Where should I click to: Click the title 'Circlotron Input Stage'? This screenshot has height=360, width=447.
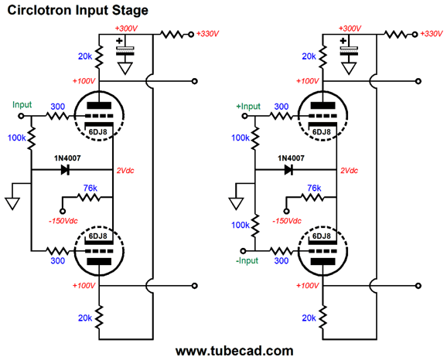(x=77, y=11)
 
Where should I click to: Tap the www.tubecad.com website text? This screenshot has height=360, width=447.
(x=234, y=351)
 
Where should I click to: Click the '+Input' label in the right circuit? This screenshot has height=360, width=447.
(x=248, y=107)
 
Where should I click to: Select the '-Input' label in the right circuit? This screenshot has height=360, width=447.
(x=247, y=260)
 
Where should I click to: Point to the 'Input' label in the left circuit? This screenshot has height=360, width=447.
(x=22, y=105)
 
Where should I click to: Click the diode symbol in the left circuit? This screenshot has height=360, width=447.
(x=65, y=170)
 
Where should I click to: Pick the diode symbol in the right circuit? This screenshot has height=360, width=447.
(x=288, y=170)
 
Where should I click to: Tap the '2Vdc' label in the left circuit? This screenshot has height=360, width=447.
(x=125, y=171)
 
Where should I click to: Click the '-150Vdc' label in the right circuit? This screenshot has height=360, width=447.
(x=287, y=221)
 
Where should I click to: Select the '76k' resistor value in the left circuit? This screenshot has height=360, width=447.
(x=90, y=188)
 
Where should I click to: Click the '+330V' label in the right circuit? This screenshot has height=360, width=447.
(x=432, y=34)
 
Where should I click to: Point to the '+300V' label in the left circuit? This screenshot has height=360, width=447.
(x=126, y=29)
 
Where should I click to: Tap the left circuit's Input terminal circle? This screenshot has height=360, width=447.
(x=21, y=116)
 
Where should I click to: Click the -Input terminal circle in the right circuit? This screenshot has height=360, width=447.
(x=243, y=251)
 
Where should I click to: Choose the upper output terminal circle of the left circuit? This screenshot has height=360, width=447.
(x=195, y=81)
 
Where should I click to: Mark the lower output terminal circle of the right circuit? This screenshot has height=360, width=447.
(x=418, y=286)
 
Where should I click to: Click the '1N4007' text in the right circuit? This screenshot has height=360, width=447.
(x=291, y=158)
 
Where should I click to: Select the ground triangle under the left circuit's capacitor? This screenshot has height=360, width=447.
(x=125, y=68)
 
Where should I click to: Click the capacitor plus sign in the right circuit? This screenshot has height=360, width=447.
(x=343, y=41)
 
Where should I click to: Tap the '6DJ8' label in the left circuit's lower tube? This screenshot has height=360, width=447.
(x=97, y=236)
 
